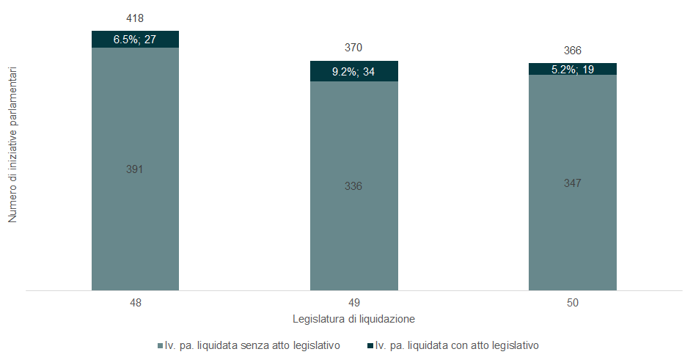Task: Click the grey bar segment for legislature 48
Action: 135,220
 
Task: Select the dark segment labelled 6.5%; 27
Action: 135,40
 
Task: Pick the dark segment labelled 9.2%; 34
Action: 353,72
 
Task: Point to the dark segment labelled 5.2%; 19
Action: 572,69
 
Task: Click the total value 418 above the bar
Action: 135,17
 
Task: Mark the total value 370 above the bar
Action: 353,48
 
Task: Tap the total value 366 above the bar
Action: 572,51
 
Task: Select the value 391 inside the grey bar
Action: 135,169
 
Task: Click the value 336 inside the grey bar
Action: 353,186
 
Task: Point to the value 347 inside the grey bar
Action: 572,183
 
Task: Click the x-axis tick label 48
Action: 135,303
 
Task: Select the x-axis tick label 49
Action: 353,303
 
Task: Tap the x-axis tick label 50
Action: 572,303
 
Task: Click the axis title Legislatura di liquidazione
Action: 354,319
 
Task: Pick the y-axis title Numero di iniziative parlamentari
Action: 13,147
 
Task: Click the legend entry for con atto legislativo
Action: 456,345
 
